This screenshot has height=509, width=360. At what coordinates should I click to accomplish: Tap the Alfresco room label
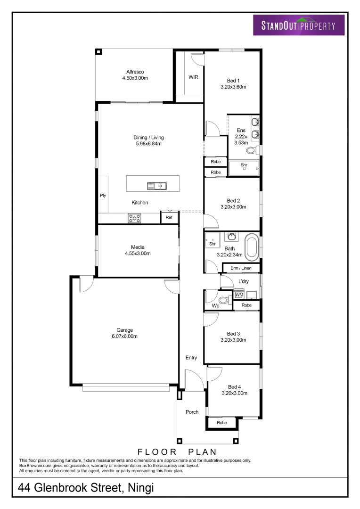pos(135,72)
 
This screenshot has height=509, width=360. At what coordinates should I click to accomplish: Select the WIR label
pos(193,77)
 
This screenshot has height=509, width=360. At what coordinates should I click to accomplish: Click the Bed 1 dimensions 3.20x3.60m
pos(234,87)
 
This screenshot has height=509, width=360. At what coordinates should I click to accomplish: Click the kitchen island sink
pos(156,186)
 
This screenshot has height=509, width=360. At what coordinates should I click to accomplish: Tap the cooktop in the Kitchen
pos(135,218)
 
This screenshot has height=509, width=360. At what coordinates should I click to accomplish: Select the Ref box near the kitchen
pos(169,218)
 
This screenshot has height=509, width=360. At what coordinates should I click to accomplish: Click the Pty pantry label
pos(103,196)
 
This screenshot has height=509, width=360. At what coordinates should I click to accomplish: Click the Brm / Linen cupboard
pos(241,268)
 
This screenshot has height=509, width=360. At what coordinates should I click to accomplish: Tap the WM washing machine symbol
pos(239,295)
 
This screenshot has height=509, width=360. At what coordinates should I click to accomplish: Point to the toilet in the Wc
pos(224,300)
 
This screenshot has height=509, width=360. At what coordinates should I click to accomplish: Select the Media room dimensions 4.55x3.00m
pos(138,253)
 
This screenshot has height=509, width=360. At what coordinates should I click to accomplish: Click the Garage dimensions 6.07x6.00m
pos(125,336)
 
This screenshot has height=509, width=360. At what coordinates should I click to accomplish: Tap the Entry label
pos(191,358)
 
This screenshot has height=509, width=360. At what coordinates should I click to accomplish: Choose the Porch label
pos(192,412)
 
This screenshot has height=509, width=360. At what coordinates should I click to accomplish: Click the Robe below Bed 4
pos(221,423)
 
